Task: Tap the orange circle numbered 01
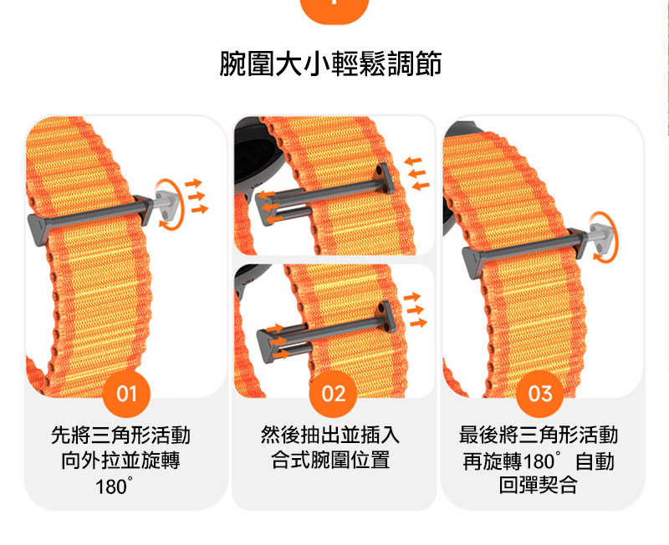pos(126,393)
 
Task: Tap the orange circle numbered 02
pos(334,393)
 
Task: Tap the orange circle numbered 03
pos(541,393)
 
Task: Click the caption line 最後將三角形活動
pos(539,435)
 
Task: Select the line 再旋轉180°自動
pos(539,461)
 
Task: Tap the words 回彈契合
pos(539,486)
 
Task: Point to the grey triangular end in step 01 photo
pos(41,225)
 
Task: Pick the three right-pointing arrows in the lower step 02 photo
pos(416,309)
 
